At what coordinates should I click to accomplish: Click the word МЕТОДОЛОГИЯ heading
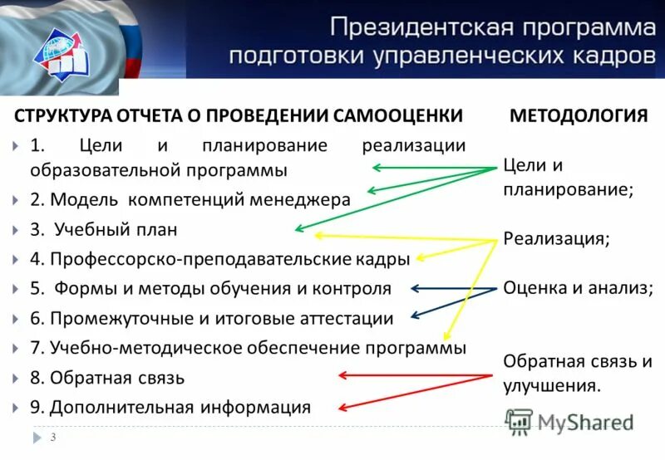[x=579, y=115]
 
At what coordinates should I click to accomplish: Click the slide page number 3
[x=54, y=438]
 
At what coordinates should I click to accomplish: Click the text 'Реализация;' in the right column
[x=556, y=238]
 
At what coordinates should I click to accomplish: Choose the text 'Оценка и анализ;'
[x=578, y=288]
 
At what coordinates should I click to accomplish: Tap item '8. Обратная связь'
[x=107, y=378]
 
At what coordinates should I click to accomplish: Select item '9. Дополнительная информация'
[x=170, y=408]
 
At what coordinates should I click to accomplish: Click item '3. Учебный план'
[x=105, y=229]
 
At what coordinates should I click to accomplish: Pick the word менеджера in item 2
[x=311, y=200]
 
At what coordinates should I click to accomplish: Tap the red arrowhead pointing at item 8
[x=342, y=375]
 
